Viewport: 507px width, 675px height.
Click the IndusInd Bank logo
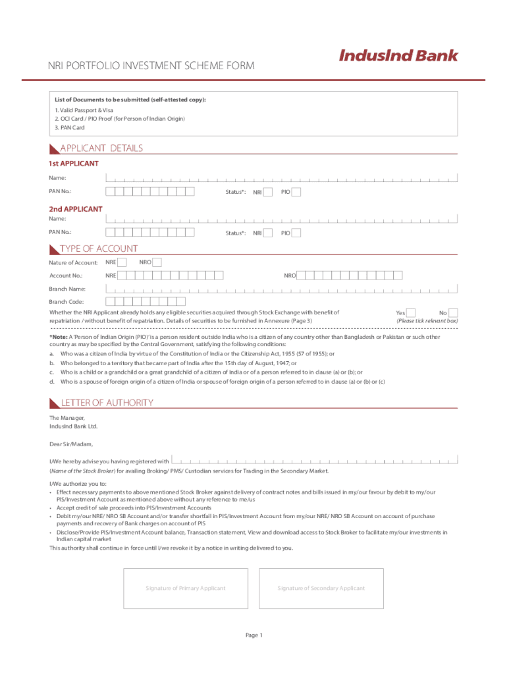(x=398, y=56)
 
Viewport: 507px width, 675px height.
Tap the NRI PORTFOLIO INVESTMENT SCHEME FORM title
(x=150, y=67)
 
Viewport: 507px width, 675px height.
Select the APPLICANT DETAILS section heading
(x=101, y=148)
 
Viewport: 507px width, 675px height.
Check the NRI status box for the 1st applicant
(x=268, y=192)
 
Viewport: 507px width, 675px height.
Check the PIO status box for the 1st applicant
(x=296, y=192)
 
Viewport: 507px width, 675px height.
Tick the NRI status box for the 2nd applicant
(x=268, y=233)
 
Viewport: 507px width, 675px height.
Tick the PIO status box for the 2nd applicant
(x=296, y=233)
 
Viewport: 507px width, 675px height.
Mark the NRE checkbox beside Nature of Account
(x=122, y=262)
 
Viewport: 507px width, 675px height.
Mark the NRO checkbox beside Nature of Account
(x=157, y=262)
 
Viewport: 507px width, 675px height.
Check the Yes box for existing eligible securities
(x=411, y=312)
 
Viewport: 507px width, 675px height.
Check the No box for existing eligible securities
(x=453, y=312)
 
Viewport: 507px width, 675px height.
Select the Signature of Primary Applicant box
(x=186, y=588)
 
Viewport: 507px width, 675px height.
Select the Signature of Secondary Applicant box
(x=321, y=588)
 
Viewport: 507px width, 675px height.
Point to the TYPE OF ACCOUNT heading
(x=99, y=249)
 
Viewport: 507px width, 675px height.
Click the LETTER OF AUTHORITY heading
(x=107, y=403)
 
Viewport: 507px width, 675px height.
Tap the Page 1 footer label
(x=254, y=635)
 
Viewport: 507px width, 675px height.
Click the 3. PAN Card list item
(x=70, y=128)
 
